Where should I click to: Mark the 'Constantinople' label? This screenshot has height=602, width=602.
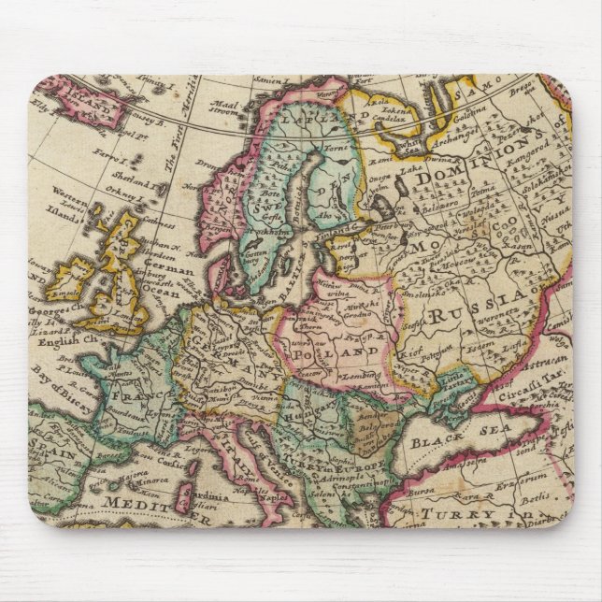click(x=351, y=493)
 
